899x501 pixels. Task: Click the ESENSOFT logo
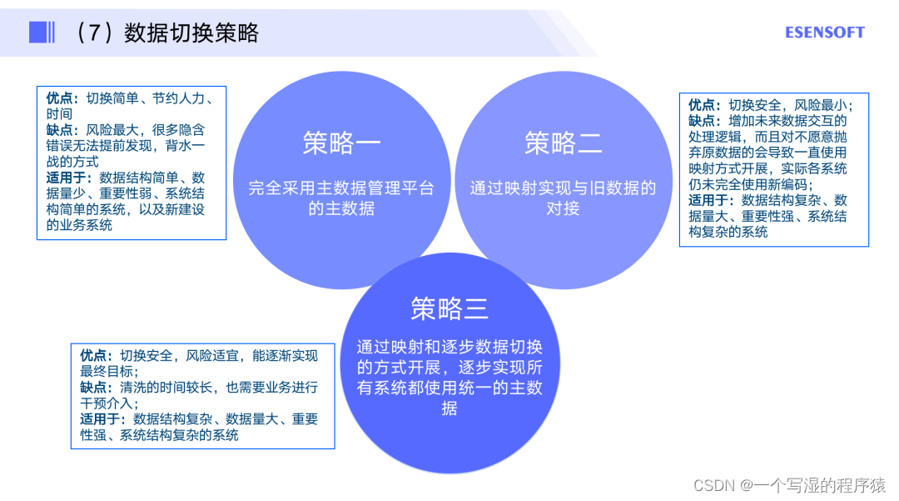(824, 33)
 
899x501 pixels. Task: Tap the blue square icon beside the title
(38, 33)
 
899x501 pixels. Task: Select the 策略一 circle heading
(341, 143)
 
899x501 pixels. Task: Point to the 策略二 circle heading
(563, 143)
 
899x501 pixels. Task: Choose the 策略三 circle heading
(449, 309)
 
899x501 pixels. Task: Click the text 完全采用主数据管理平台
(341, 188)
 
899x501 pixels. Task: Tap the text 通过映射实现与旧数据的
(563, 188)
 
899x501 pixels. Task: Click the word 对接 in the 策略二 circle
(563, 208)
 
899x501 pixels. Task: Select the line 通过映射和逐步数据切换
(449, 348)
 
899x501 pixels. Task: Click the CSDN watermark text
(789, 484)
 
